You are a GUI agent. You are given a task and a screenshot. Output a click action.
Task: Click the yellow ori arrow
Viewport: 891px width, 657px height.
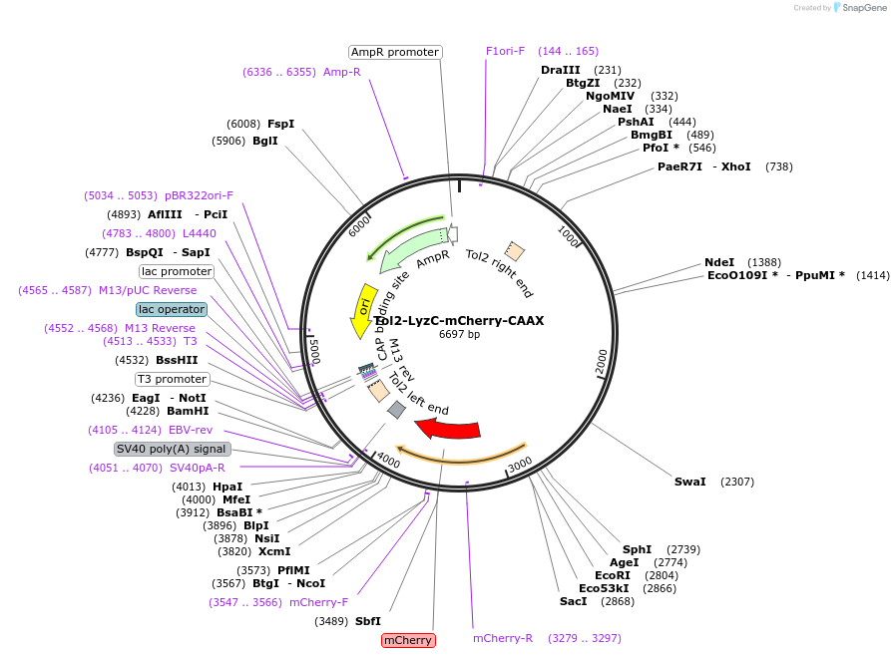[x=363, y=309]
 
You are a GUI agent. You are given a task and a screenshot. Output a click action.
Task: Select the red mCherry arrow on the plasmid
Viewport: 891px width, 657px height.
[x=449, y=429]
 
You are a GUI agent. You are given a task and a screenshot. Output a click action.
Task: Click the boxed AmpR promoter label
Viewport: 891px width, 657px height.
[x=395, y=52]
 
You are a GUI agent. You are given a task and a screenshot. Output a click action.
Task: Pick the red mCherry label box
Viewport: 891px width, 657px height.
[x=408, y=640]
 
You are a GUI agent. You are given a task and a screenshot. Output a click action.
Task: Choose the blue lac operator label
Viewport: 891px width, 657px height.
[x=172, y=309]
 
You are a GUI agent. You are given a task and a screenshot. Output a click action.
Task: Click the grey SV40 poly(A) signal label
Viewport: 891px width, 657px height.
[x=173, y=450]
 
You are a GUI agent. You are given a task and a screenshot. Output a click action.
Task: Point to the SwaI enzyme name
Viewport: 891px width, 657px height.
[x=689, y=482]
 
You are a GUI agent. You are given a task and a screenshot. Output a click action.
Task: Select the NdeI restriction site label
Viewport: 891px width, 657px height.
[x=719, y=262]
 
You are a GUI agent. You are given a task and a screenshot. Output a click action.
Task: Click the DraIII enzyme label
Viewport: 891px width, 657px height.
[x=561, y=70]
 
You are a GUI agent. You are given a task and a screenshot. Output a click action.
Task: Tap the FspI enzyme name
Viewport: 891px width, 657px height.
[x=280, y=124]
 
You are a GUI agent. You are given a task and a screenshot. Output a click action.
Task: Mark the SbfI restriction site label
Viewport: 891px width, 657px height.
[x=367, y=621]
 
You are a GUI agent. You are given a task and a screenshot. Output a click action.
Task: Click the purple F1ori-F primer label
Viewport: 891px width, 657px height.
[x=505, y=51]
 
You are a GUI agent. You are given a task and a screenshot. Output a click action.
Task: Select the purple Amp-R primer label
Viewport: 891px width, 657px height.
[x=342, y=72]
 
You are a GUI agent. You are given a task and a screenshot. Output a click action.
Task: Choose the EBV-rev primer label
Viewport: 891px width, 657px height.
[x=191, y=430]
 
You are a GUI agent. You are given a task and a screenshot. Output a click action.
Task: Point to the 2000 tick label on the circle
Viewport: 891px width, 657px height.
[x=602, y=362]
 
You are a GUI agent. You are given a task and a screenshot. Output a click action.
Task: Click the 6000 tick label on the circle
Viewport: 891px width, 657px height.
[x=359, y=226]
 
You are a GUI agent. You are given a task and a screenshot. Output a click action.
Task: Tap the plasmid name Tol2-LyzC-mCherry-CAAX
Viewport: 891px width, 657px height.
[x=459, y=321]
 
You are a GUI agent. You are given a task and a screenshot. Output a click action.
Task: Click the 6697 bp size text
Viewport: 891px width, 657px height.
[x=459, y=334]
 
